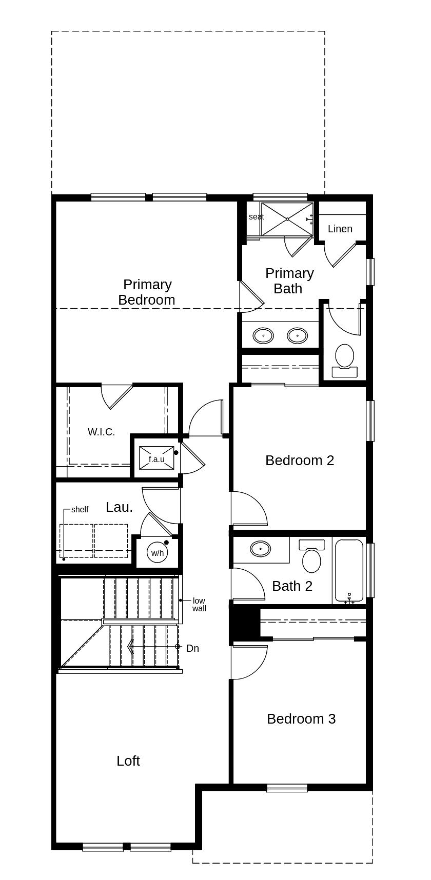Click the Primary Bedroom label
147,292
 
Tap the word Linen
340,229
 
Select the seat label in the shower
256,216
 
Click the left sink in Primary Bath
264,336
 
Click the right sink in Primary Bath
297,336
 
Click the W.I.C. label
101,432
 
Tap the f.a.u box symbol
156,458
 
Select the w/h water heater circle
157,552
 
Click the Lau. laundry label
119,507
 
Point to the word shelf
80,509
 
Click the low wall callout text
199,604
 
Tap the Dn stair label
192,648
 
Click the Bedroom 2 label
300,460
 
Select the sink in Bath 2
261,549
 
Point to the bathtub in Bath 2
349,569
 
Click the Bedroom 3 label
301,718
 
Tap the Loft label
128,761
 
